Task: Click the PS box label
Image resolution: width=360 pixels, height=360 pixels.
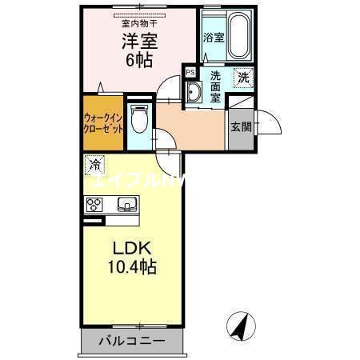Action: click(x=190, y=72)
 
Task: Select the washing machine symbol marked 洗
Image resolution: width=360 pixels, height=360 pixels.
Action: click(x=242, y=78)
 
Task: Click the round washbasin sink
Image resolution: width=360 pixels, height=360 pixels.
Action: click(x=193, y=94)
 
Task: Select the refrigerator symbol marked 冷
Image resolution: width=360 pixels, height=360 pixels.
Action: click(x=94, y=166)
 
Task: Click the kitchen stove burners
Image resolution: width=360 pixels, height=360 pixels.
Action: click(x=92, y=204)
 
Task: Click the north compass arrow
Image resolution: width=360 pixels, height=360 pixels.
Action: click(x=239, y=326)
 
